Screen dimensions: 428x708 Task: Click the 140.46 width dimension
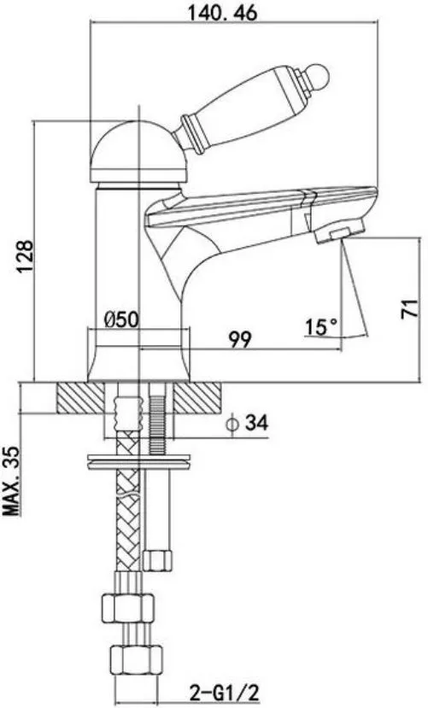tap(223, 13)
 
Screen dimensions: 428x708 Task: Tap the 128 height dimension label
tap(26, 256)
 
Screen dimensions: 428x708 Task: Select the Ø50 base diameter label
tap(121, 319)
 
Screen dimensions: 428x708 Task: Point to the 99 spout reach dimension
tap(239, 340)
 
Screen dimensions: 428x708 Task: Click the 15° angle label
tap(321, 327)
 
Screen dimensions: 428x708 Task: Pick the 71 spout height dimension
tap(410, 309)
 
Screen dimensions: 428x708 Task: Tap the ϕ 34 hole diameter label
tap(248, 423)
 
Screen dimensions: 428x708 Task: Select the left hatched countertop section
tap(81, 398)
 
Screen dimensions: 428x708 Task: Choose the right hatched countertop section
tap(197, 398)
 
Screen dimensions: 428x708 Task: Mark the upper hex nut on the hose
tap(128, 608)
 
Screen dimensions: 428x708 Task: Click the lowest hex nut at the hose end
tap(137, 661)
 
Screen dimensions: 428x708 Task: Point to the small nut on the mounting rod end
tap(157, 560)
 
